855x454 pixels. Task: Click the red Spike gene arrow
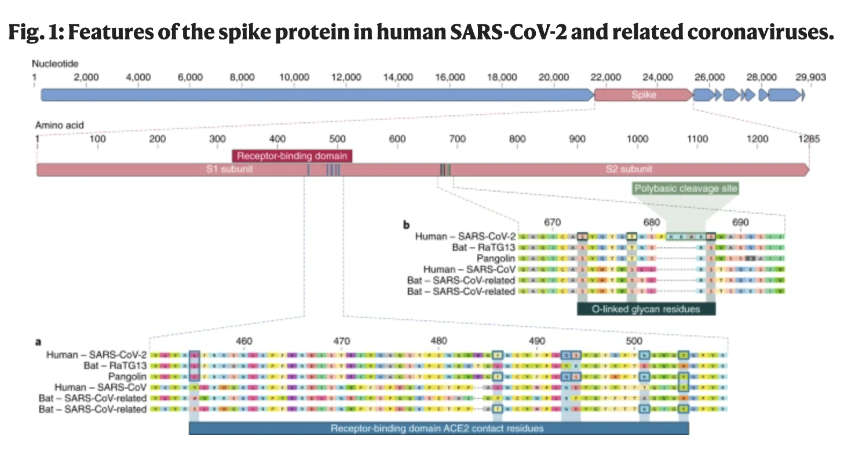pos(643,94)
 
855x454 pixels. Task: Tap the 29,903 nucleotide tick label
pos(810,77)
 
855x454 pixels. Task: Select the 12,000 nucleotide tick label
pos(346,77)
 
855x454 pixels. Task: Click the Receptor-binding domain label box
pos(292,156)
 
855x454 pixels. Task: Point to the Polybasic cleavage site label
pos(685,188)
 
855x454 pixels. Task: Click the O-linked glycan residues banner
pos(646,309)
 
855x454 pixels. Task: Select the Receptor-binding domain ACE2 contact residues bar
pos(438,429)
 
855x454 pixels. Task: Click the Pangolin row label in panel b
pos(496,258)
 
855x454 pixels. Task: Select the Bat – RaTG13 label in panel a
pos(114,366)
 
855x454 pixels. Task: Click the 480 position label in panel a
pos(439,341)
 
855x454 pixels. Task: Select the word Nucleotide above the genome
pos(55,63)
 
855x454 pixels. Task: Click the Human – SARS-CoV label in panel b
pos(469,269)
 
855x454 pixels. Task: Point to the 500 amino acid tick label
pos(337,139)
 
